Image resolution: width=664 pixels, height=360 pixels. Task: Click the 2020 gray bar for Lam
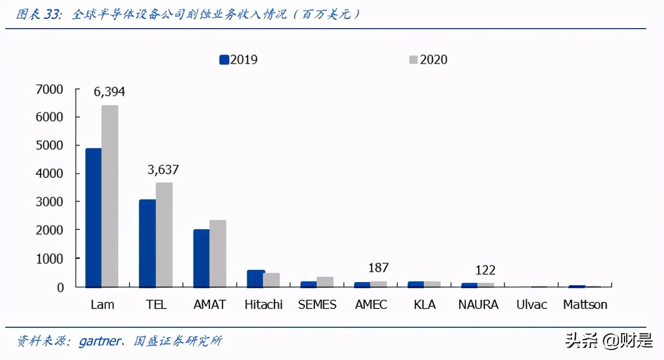coord(110,196)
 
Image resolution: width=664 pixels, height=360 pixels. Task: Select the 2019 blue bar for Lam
coord(94,217)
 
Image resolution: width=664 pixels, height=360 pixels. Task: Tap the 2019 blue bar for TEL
coord(147,243)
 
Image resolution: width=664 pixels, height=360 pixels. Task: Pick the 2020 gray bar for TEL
coord(164,235)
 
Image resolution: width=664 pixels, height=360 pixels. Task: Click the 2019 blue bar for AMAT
coord(201,258)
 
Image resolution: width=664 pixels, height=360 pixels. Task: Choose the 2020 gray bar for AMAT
coord(218,253)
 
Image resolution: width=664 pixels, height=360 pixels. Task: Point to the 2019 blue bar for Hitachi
coord(255,278)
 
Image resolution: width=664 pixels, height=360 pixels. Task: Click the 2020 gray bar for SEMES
coord(325,281)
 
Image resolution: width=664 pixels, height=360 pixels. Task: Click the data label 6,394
coord(109,92)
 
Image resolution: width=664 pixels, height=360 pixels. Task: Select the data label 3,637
coord(163,170)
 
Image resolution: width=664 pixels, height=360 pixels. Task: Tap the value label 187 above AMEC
coord(378,268)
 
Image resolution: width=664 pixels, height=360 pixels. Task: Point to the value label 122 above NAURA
coord(485,270)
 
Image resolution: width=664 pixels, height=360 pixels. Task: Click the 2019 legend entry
coord(239,60)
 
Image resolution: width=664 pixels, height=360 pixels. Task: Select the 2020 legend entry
coord(428,60)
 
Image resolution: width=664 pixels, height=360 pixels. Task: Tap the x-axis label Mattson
coord(585,305)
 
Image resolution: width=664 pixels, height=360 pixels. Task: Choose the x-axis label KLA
coord(425,305)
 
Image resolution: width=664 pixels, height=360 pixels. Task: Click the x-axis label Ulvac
coord(531,305)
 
